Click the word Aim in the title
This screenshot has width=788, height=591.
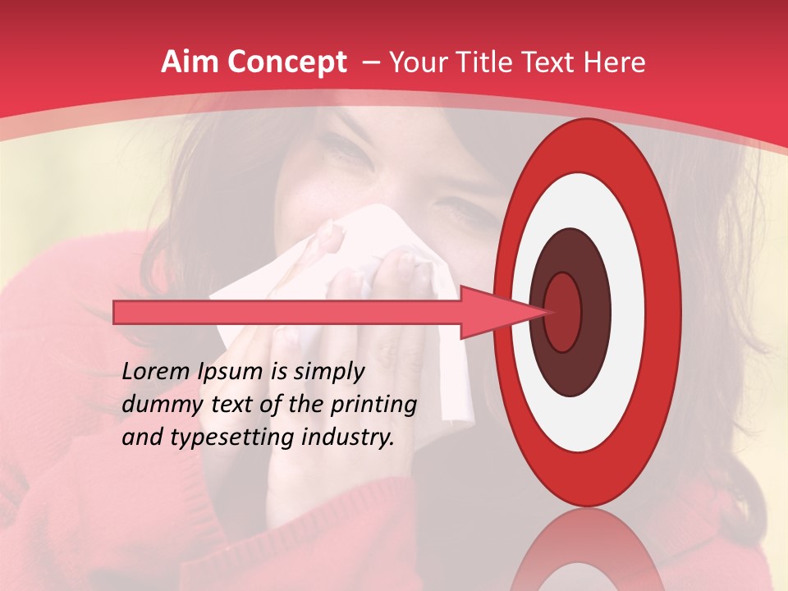[187, 62]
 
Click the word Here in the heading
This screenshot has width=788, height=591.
[616, 62]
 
